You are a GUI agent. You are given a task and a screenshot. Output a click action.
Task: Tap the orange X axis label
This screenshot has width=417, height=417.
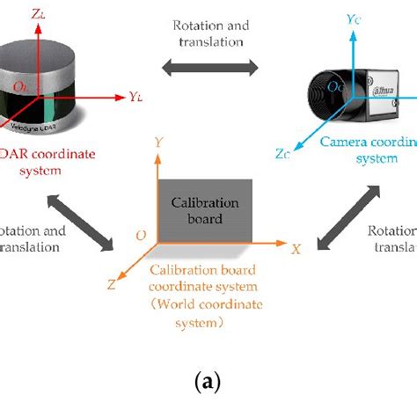[x=297, y=249]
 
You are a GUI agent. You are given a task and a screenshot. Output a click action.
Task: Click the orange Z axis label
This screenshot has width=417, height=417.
[x=112, y=283]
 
